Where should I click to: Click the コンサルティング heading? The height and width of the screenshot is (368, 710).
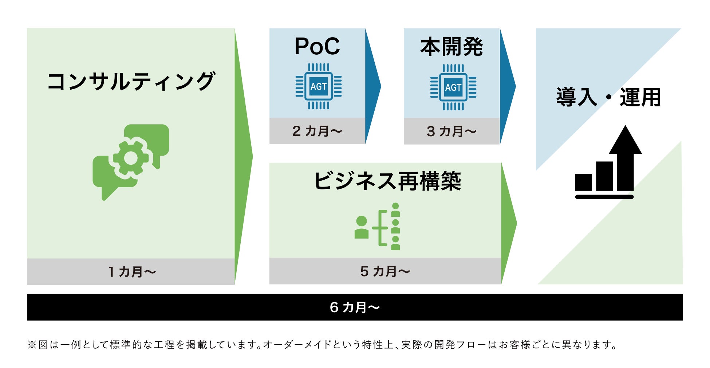(131, 81)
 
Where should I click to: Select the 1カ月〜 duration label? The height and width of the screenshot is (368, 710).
(132, 272)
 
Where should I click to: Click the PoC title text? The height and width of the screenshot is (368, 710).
(317, 47)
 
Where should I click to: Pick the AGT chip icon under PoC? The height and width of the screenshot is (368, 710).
(319, 86)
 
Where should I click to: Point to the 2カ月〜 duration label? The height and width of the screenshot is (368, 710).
(317, 131)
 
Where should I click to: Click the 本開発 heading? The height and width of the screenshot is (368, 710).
(451, 47)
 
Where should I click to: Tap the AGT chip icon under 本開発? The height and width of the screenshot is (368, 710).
(453, 87)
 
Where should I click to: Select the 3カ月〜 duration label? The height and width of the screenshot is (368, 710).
(451, 132)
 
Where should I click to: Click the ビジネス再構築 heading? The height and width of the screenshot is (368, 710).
(387, 181)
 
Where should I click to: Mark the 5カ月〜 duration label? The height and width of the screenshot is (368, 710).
(385, 271)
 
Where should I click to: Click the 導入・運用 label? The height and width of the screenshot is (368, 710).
(608, 97)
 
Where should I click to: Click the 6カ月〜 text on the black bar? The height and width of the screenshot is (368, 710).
(355, 308)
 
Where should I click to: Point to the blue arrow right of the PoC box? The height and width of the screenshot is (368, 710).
(372, 86)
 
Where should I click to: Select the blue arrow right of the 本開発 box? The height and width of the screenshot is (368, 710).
(507, 86)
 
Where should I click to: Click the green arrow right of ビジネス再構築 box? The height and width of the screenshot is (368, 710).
(509, 223)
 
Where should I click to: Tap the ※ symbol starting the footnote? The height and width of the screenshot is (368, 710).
(32, 345)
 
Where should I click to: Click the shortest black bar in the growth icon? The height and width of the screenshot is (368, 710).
(583, 182)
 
